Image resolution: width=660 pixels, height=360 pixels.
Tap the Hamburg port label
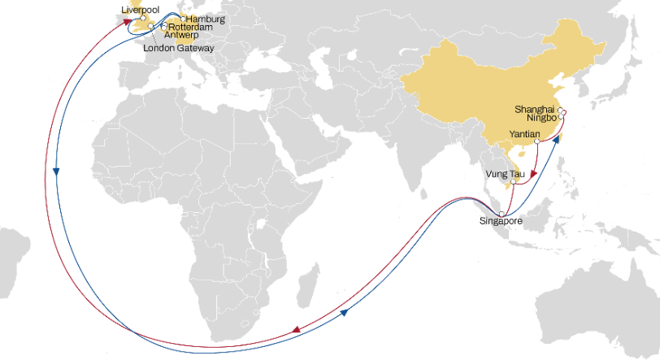pyautogui.click(x=205, y=18)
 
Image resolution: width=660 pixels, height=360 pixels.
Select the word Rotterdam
pyautogui.click(x=190, y=27)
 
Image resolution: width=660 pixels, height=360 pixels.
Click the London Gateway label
pyautogui.click(x=178, y=48)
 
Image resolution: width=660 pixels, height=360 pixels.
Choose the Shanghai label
pyautogui.click(x=535, y=108)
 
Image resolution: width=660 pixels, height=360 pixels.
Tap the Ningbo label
pyautogui.click(x=540, y=118)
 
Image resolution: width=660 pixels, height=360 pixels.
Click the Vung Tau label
pyautogui.click(x=502, y=173)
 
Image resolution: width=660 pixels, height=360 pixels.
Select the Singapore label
pyautogui.click(x=499, y=221)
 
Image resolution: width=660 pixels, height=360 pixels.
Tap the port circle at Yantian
pyautogui.click(x=537, y=141)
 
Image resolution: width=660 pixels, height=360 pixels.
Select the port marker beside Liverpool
pyautogui.click(x=142, y=17)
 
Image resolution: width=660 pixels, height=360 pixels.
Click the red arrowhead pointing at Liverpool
pyautogui.click(x=128, y=24)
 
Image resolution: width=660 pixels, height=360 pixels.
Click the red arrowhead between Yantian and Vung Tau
pyautogui.click(x=532, y=174)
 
